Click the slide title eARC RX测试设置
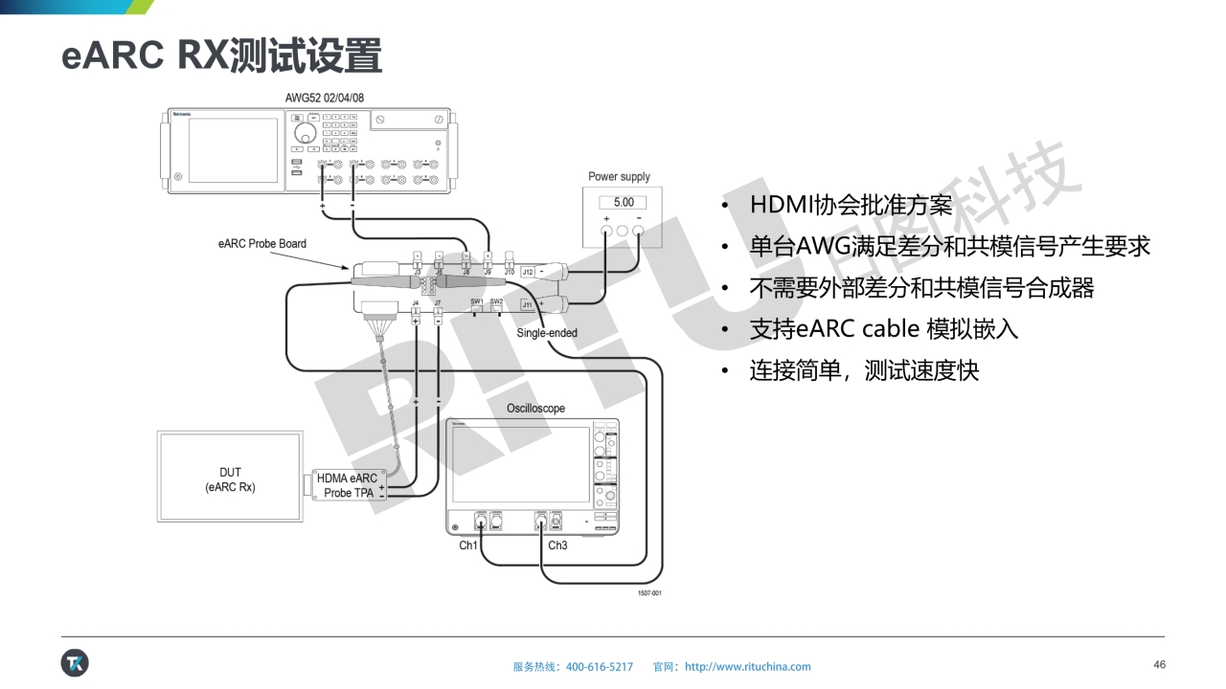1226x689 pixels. pyautogui.click(x=221, y=56)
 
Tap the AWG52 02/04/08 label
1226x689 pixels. pyautogui.click(x=325, y=98)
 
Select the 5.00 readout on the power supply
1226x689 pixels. pyautogui.click(x=623, y=202)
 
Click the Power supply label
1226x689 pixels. pyautogui.click(x=619, y=177)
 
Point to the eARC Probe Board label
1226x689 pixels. pyautogui.click(x=262, y=244)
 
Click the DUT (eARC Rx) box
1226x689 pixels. pyautogui.click(x=230, y=479)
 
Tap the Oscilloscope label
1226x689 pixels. pyautogui.click(x=535, y=409)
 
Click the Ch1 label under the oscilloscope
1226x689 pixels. pyautogui.click(x=468, y=545)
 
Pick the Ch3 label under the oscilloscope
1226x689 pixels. pyautogui.click(x=557, y=545)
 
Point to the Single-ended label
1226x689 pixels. pyautogui.click(x=547, y=333)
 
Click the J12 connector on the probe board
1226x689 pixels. pyautogui.click(x=528, y=273)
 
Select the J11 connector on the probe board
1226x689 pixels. pyautogui.click(x=527, y=304)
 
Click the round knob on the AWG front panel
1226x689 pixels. pyautogui.click(x=305, y=132)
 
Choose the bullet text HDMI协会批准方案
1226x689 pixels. pyautogui.click(x=851, y=205)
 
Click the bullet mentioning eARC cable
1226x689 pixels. pyautogui.click(x=883, y=329)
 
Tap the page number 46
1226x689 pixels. pyautogui.click(x=1159, y=665)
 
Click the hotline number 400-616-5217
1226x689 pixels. pyautogui.click(x=600, y=667)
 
